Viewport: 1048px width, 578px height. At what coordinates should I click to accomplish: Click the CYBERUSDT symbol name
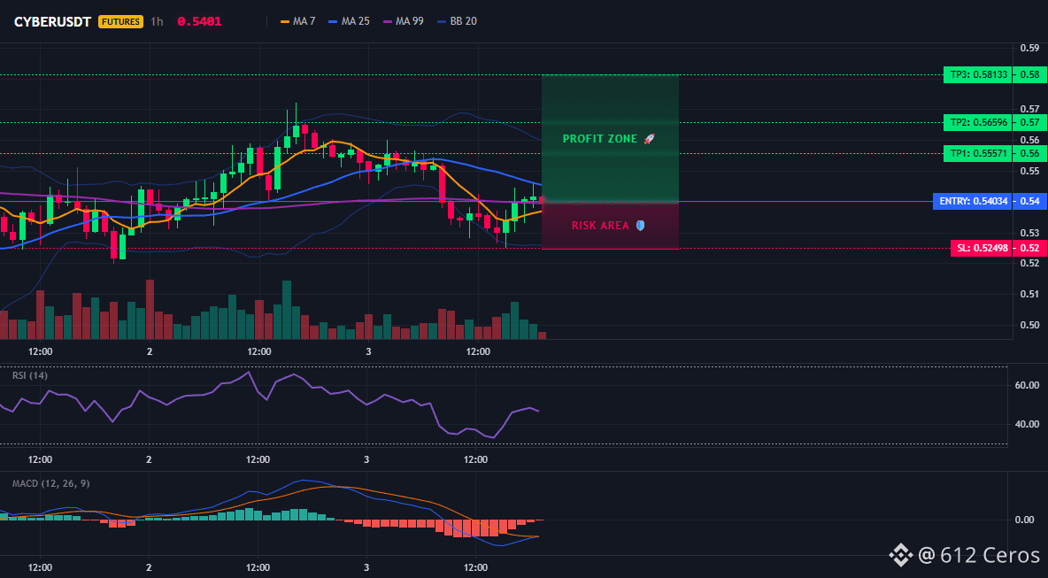click(x=53, y=21)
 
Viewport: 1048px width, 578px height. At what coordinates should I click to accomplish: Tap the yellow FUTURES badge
click(x=121, y=21)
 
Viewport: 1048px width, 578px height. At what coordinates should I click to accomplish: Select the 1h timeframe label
click(x=157, y=21)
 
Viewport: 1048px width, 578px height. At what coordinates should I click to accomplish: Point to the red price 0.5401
click(x=199, y=21)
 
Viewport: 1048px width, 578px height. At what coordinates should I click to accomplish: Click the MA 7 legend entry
click(x=298, y=21)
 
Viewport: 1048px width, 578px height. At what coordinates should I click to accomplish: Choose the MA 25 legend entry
click(x=349, y=21)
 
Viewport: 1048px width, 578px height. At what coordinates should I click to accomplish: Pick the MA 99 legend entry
click(x=403, y=21)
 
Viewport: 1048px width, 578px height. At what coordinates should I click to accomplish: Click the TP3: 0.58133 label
click(x=977, y=75)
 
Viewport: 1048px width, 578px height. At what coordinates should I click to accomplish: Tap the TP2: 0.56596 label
click(x=977, y=122)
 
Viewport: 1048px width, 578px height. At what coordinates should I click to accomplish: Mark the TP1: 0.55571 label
click(x=977, y=154)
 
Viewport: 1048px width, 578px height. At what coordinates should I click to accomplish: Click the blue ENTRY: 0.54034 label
click(x=972, y=201)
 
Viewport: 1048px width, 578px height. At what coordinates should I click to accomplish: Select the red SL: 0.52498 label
click(x=981, y=249)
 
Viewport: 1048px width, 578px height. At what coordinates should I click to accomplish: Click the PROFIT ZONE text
click(x=600, y=139)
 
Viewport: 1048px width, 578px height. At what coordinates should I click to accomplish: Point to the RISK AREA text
click(x=600, y=226)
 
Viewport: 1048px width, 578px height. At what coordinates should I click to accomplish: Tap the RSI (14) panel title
click(x=30, y=375)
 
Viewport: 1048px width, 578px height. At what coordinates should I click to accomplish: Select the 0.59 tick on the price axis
click(x=1030, y=48)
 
